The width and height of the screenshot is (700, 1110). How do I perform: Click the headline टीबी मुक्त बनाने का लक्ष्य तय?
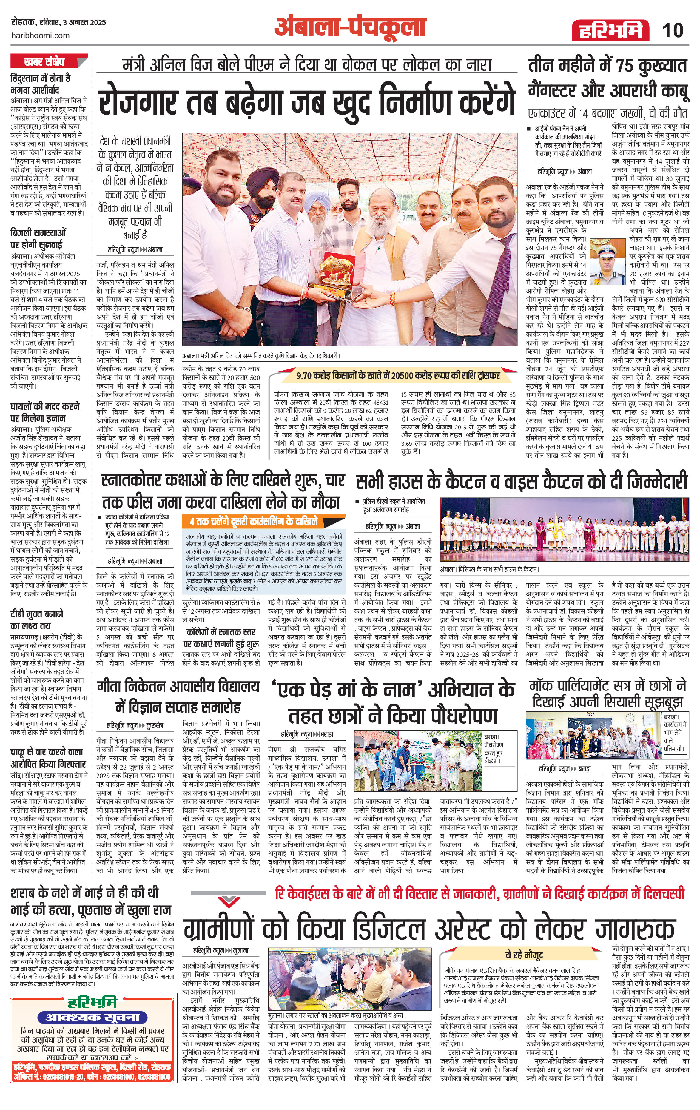click(x=37, y=619)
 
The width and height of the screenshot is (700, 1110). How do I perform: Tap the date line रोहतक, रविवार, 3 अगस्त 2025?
click(x=58, y=22)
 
